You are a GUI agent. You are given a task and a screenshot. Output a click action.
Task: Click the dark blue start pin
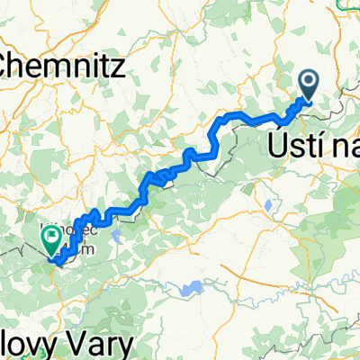308,86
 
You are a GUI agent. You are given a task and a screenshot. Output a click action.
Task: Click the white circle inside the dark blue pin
308,83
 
